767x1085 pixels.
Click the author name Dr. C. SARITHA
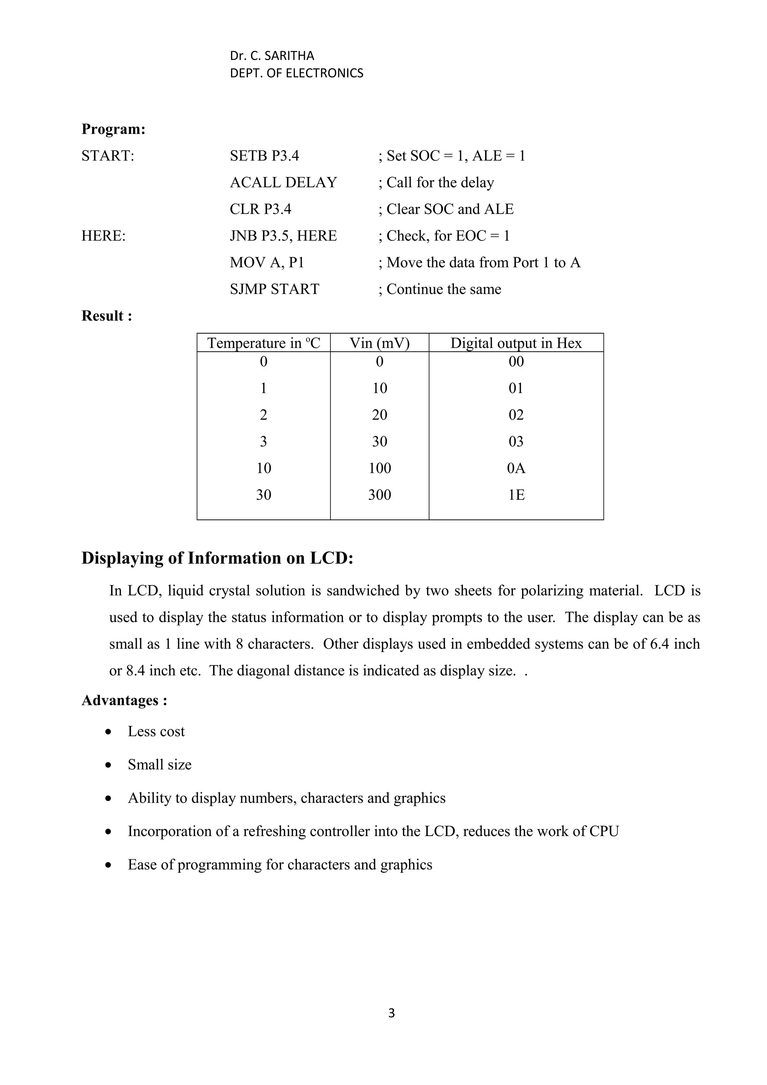[x=272, y=56]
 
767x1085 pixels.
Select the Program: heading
[x=113, y=129]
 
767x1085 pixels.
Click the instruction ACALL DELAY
[x=283, y=182]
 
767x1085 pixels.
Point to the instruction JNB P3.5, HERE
[x=283, y=236]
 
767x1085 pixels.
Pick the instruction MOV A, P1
[x=267, y=262]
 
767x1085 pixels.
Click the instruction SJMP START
[x=274, y=289]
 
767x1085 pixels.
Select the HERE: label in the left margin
[x=103, y=236]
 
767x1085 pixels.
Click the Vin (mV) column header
[x=379, y=343]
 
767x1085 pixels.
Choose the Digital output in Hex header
[x=516, y=343]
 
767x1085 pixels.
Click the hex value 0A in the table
[x=516, y=468]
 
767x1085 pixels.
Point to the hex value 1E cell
[x=516, y=495]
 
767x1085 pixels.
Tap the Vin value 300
[x=379, y=495]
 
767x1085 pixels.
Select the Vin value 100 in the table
[x=379, y=468]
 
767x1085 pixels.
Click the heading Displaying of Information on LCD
[x=217, y=558]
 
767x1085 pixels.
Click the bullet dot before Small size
[x=109, y=765]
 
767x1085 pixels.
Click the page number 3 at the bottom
[x=391, y=1013]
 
